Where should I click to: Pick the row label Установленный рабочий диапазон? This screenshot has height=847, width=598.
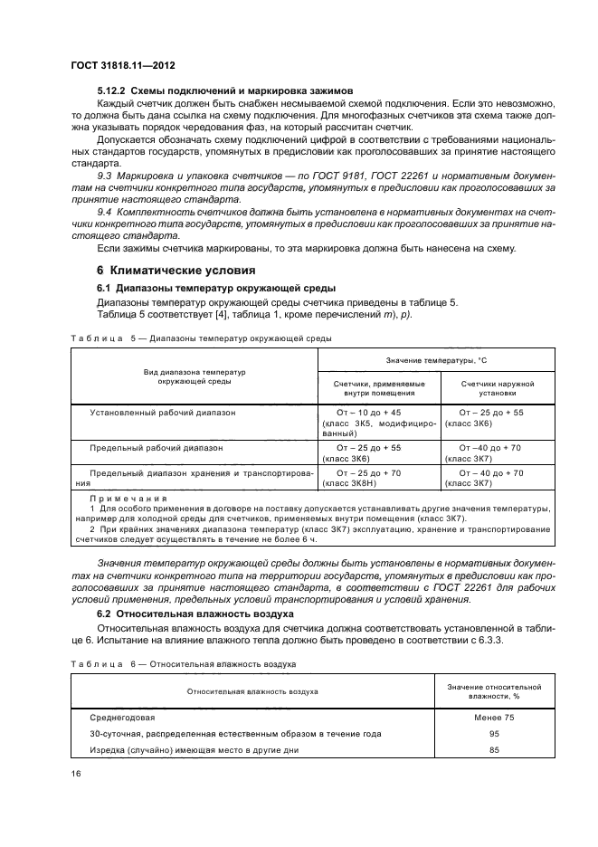pos(163,412)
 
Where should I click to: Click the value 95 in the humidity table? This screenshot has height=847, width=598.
pos(494,733)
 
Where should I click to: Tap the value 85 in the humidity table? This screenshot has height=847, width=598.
pos(494,750)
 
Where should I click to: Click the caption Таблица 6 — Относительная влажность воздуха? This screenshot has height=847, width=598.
pos(184,663)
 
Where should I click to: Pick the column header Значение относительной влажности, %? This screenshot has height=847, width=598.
pos(494,690)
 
